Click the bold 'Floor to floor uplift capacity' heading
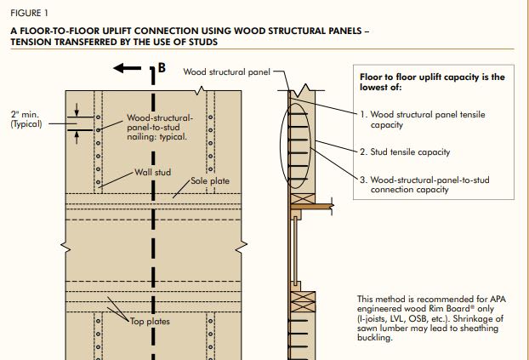(432, 82)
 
